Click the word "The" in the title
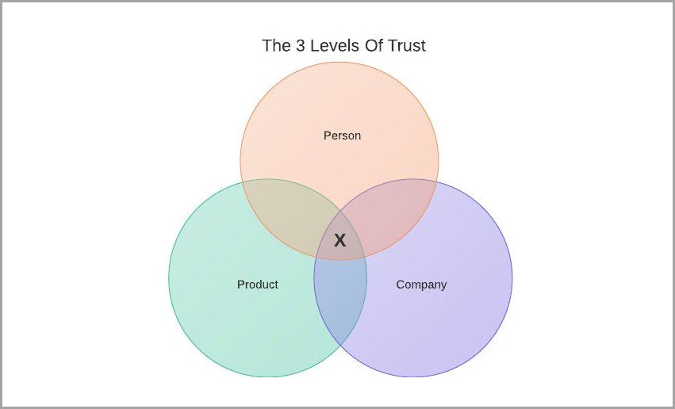276,45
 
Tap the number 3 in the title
298,45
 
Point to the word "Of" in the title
373,45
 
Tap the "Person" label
342,136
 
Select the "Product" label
258,284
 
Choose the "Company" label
421,284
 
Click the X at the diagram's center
339,241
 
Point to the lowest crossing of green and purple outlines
340,346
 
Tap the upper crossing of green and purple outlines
340,210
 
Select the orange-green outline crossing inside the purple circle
364,256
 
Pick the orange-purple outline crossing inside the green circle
316,256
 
